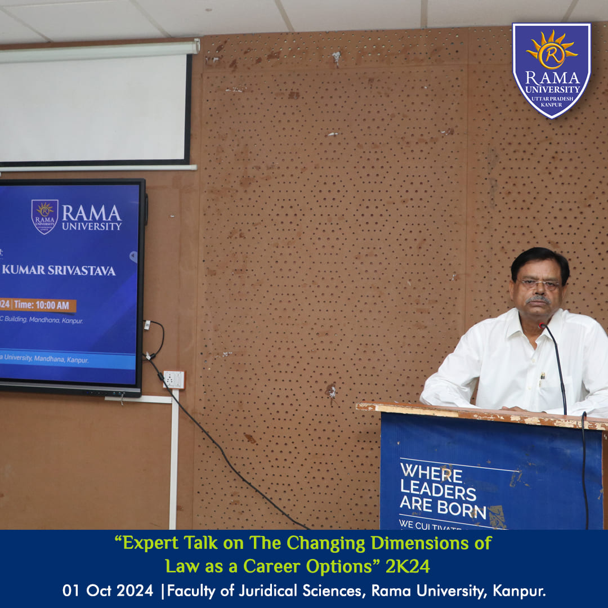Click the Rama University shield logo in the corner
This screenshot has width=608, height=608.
pos(551,70)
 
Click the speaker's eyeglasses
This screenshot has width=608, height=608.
pos(539,285)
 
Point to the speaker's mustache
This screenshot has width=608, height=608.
pos(538,299)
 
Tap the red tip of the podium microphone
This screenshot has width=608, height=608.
pos(542,325)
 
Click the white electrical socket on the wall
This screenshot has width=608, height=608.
pos(174,379)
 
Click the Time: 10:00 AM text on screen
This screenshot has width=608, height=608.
pos(42,305)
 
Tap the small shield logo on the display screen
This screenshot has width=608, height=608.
pos(44,216)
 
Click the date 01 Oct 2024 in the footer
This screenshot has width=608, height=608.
pos(108,591)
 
